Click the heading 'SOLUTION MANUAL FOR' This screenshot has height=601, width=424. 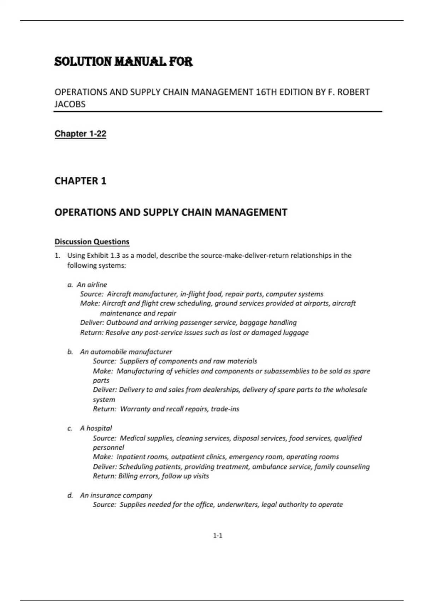tap(123, 62)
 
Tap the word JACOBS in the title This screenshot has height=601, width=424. tap(70, 104)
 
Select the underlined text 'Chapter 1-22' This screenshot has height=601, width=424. tap(80, 134)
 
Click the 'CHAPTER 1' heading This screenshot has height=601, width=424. tap(80, 181)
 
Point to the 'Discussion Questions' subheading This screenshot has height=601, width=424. tap(92, 242)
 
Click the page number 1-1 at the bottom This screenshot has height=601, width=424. tap(218, 536)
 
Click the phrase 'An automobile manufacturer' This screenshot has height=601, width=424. tap(126, 352)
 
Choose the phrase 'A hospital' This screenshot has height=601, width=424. tap(96, 428)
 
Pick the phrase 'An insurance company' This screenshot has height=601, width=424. tap(116, 495)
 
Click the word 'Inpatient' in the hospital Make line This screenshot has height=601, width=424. tap(131, 457)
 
